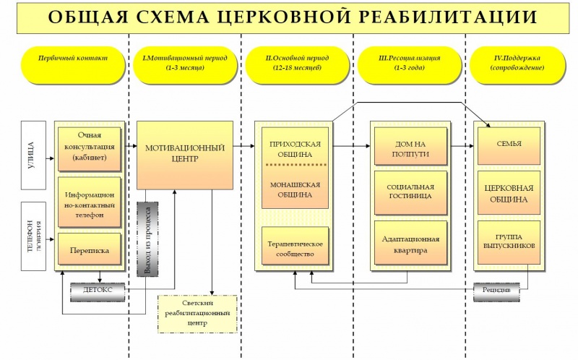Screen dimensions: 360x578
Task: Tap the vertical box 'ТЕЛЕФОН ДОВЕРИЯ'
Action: click(33, 236)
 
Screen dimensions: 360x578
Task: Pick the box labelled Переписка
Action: click(90, 249)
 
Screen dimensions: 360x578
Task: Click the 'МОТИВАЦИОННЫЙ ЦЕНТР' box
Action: click(185, 154)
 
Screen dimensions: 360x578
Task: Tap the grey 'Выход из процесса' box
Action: click(147, 239)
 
